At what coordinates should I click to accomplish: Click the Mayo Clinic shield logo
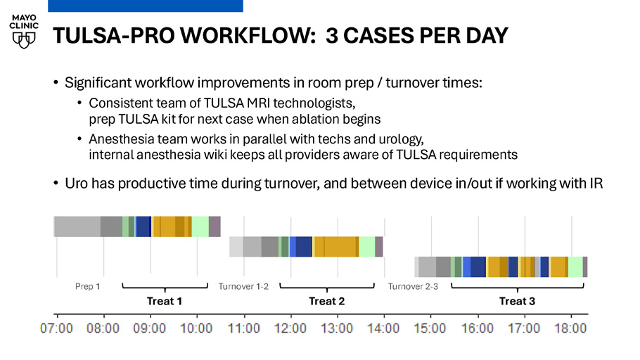[x=24, y=40]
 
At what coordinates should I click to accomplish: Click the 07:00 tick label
[x=56, y=328]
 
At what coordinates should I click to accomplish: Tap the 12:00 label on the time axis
[x=290, y=328]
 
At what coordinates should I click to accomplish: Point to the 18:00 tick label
[x=570, y=328]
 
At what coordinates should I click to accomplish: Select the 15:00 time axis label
[x=430, y=328]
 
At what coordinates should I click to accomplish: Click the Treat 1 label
[x=165, y=301]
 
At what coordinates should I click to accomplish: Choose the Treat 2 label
[x=327, y=301]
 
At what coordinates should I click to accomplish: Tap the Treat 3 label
[x=517, y=301]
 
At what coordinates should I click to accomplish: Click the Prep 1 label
[x=87, y=287]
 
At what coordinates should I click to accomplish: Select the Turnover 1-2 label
[x=243, y=287]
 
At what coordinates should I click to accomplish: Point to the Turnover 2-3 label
[x=413, y=287]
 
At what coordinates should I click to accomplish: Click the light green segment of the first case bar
[x=200, y=226]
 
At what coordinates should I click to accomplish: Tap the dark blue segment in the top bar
[x=143, y=226]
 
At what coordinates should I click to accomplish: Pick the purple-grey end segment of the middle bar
[x=379, y=247]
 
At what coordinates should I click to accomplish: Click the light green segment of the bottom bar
[x=575, y=267]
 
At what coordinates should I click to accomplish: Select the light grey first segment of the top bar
[x=77, y=226]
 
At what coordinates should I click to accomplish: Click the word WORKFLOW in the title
[x=248, y=36]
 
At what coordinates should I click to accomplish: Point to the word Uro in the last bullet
[x=77, y=184]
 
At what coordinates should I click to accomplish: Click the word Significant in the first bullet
[x=98, y=83]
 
